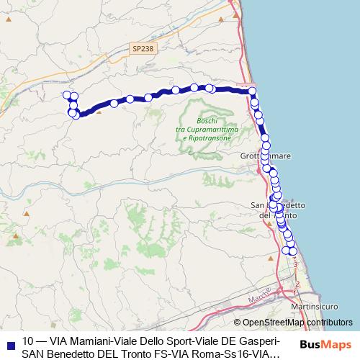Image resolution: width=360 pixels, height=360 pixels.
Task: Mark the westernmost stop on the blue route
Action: (68, 95)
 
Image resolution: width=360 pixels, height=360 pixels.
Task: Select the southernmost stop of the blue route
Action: (292, 251)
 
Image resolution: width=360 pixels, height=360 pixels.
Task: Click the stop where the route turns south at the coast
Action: (252, 91)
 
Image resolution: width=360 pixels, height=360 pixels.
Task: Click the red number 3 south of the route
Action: (295, 264)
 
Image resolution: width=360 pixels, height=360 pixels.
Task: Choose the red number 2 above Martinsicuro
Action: (298, 284)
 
